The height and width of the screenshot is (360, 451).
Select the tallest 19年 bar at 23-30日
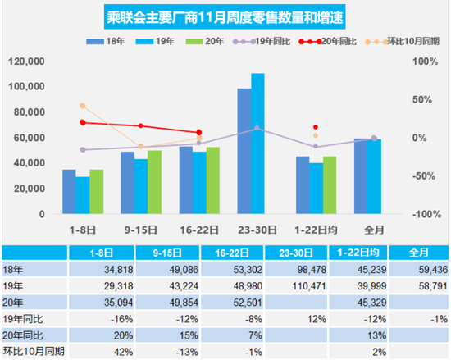coord(257,144)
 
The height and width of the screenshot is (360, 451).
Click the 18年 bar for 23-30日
coord(244,151)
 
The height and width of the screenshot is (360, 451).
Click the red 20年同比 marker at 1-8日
coord(83,122)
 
